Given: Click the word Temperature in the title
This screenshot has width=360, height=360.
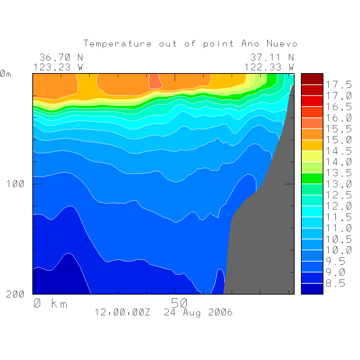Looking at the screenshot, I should click(x=117, y=44).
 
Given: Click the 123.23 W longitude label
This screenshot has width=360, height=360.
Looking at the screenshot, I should click(x=58, y=67).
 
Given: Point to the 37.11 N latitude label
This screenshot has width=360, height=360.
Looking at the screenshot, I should click(x=272, y=57).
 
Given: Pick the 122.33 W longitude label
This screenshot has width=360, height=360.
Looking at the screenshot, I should click(x=269, y=67).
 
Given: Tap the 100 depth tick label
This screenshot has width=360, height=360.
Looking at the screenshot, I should click(x=15, y=184).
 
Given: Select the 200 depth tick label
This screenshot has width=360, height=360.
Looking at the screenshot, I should click(x=15, y=294).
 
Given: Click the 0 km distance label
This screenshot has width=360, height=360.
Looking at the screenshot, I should click(x=50, y=303).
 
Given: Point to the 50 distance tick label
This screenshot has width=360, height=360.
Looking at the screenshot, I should click(x=180, y=303).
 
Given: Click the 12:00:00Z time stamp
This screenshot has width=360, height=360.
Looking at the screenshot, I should click(x=122, y=312).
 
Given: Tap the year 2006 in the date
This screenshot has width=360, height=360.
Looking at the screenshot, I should click(x=220, y=312).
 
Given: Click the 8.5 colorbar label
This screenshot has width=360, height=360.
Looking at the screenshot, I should click(x=336, y=283).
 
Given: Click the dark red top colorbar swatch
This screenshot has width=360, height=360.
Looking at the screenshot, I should click(x=312, y=79).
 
